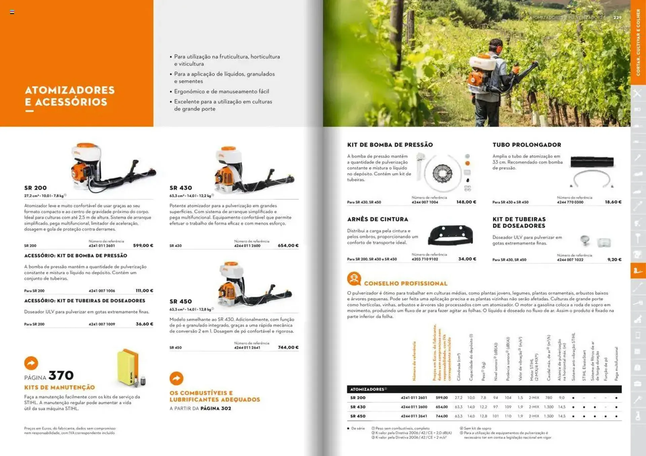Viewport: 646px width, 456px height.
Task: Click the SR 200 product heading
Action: (x=35, y=188)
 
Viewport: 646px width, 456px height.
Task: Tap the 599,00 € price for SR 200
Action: (x=143, y=246)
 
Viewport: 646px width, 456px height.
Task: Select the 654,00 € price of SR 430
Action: (x=288, y=246)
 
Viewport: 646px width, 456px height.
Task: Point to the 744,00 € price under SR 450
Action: (x=288, y=347)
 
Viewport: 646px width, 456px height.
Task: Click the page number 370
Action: (x=61, y=375)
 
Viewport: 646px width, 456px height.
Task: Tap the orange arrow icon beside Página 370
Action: (x=31, y=363)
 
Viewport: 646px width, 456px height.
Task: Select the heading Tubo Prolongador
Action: (x=527, y=145)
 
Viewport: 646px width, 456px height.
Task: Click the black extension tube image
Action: (x=592, y=162)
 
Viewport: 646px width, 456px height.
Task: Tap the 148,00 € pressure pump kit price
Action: (x=466, y=202)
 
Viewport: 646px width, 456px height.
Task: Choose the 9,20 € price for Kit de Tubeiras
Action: (x=614, y=259)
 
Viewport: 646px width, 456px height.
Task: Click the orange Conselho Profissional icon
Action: (x=354, y=279)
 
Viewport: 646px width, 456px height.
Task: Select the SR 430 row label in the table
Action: (x=358, y=407)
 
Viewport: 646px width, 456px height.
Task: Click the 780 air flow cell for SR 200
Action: (x=549, y=398)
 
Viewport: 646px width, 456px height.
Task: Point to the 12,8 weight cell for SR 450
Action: (x=483, y=416)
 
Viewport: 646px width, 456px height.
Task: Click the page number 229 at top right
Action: (x=617, y=17)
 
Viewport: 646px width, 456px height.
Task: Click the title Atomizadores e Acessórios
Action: (x=70, y=96)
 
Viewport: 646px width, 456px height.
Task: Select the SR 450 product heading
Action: (x=181, y=301)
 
